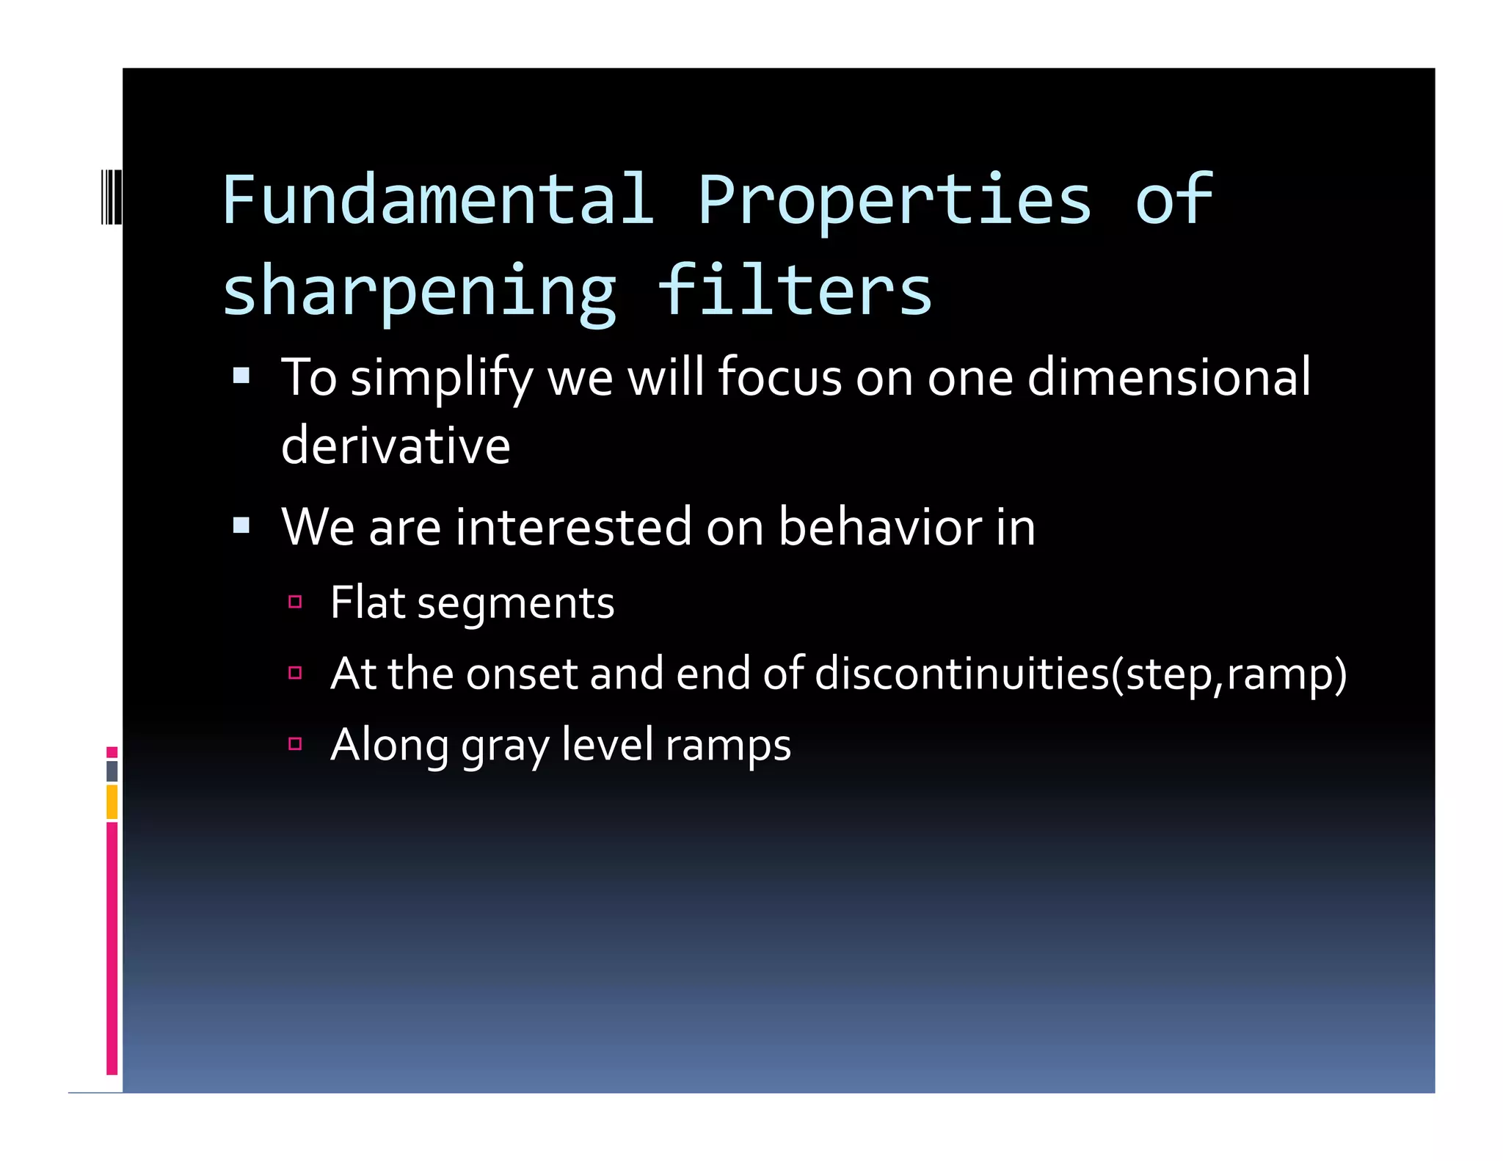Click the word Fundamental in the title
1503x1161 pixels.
tap(437, 200)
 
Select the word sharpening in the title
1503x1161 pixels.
tap(419, 292)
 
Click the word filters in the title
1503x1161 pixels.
tap(794, 291)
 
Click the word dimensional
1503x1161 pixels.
tap(1168, 377)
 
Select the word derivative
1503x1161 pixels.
tap(396, 445)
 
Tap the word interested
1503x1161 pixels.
tap(573, 527)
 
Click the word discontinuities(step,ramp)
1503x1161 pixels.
tap(1080, 674)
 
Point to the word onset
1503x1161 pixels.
tap(522, 674)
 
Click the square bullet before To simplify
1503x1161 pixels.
tap(241, 377)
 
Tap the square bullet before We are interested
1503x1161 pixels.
tap(241, 525)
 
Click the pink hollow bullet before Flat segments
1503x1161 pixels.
tap(295, 603)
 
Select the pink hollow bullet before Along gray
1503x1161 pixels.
tap(295, 744)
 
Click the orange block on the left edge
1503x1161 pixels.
tap(112, 801)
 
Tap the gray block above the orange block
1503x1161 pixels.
tap(112, 771)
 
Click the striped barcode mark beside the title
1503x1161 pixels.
tap(111, 196)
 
